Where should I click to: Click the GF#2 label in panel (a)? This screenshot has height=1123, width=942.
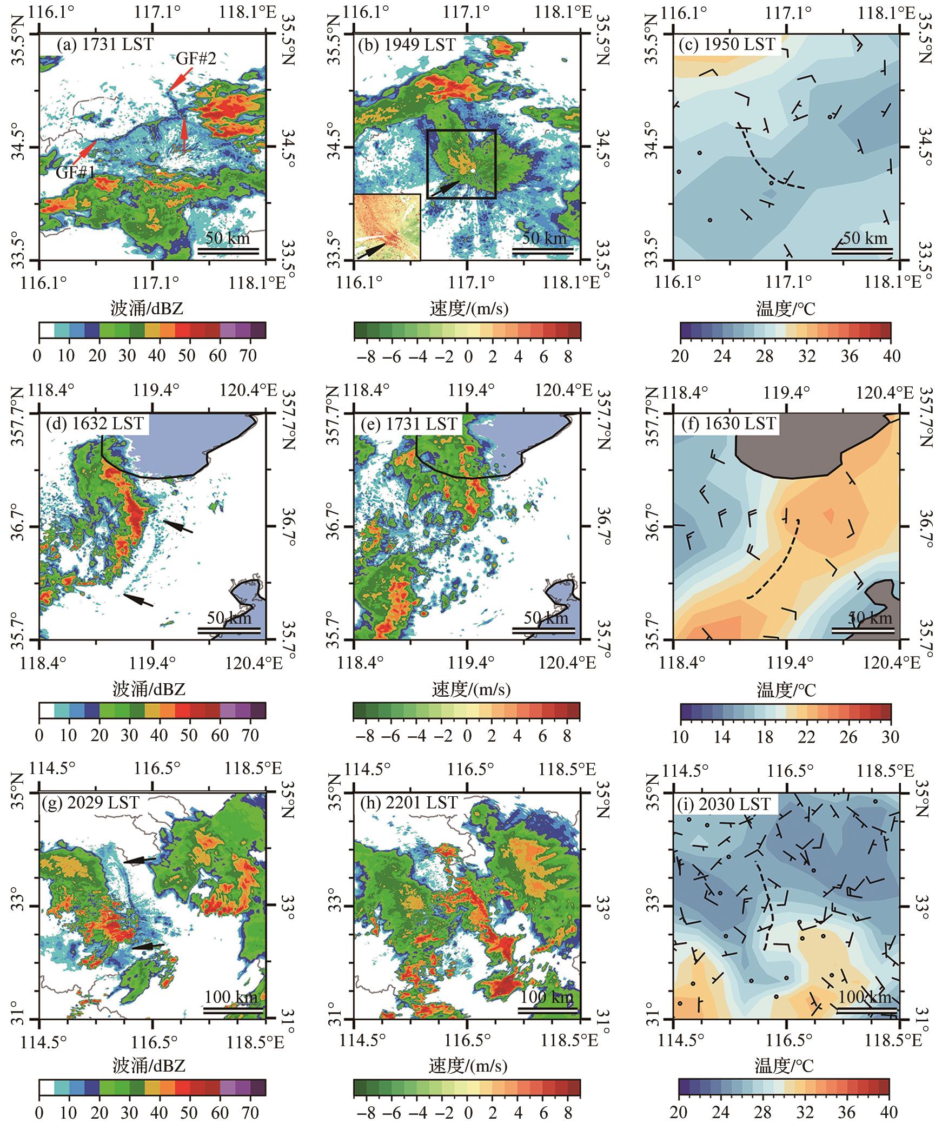click(x=196, y=59)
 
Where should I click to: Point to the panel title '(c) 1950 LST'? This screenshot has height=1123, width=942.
click(x=727, y=44)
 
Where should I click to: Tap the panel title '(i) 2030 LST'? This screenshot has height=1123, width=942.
click(x=725, y=804)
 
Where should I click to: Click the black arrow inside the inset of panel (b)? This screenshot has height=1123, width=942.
click(x=371, y=250)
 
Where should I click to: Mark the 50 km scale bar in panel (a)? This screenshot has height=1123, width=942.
click(x=228, y=250)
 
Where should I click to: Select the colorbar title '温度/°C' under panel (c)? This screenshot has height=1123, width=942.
click(x=785, y=309)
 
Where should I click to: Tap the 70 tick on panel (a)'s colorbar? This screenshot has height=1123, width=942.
click(x=250, y=356)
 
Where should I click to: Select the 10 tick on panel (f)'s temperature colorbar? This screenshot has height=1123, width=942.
click(x=680, y=736)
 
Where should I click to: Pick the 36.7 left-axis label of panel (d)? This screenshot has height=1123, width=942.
click(x=18, y=526)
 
